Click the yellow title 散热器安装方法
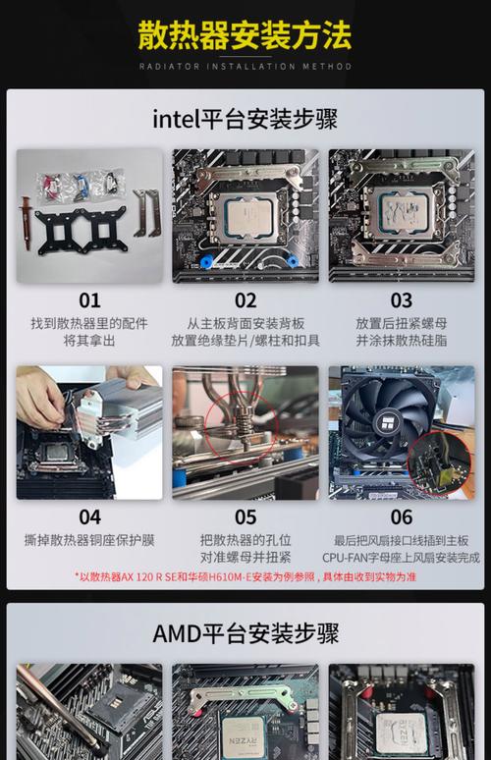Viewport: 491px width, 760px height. (x=245, y=36)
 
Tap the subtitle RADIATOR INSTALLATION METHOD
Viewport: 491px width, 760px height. (x=245, y=67)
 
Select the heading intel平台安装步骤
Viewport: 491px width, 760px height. (x=245, y=120)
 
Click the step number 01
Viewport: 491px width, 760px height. (x=89, y=300)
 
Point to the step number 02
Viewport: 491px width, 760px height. (x=245, y=300)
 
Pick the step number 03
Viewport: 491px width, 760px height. (x=401, y=300)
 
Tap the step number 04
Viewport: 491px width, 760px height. (x=89, y=516)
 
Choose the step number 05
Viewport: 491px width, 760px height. (x=245, y=516)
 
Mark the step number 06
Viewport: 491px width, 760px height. (x=401, y=516)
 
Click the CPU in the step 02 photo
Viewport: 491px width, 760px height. (x=242, y=211)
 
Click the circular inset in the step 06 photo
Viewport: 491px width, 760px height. (x=439, y=461)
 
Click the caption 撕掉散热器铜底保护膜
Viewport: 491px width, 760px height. (x=89, y=540)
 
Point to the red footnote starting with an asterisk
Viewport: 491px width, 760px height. (x=245, y=576)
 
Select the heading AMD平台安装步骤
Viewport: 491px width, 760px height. (x=245, y=633)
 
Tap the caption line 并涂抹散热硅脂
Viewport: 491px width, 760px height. (x=401, y=341)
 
